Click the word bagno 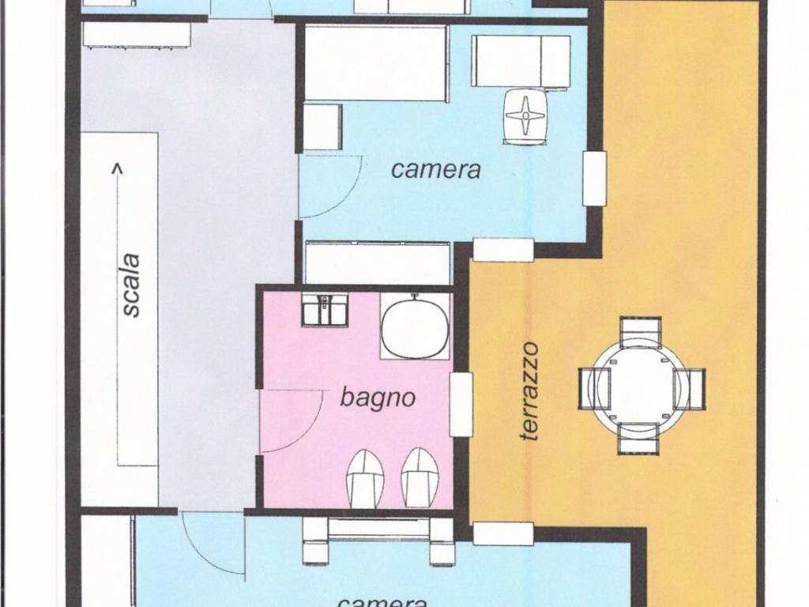pyautogui.click(x=378, y=398)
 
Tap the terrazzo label pyautogui.click(x=530, y=391)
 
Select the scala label pyautogui.click(x=131, y=285)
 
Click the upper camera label pyautogui.click(x=436, y=169)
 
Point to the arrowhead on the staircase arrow pyautogui.click(x=118, y=168)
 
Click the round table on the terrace pyautogui.click(x=642, y=385)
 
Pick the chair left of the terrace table pyautogui.click(x=594, y=388)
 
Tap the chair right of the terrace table pyautogui.click(x=689, y=389)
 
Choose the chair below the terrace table pyautogui.click(x=639, y=438)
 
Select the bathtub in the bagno pyautogui.click(x=414, y=326)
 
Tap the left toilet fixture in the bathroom pyautogui.click(x=363, y=477)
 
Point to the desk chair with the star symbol pyautogui.click(x=525, y=115)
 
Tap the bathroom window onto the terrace pyautogui.click(x=461, y=404)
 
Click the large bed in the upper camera pyautogui.click(x=376, y=63)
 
